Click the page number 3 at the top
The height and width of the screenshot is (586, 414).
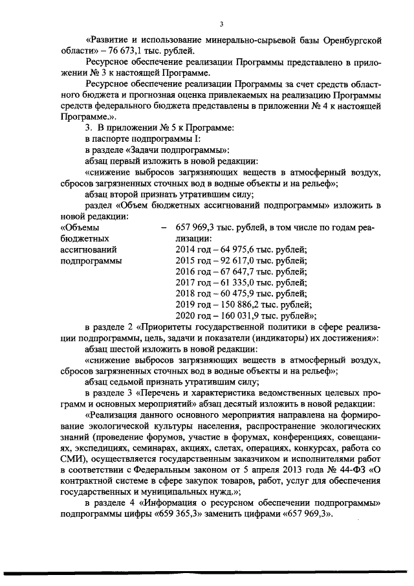point(221,24)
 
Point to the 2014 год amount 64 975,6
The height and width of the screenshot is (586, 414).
point(232,251)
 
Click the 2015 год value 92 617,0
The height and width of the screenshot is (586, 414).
point(232,262)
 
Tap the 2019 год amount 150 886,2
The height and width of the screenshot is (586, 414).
point(234,305)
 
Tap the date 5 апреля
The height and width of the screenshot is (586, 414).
point(247,481)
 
